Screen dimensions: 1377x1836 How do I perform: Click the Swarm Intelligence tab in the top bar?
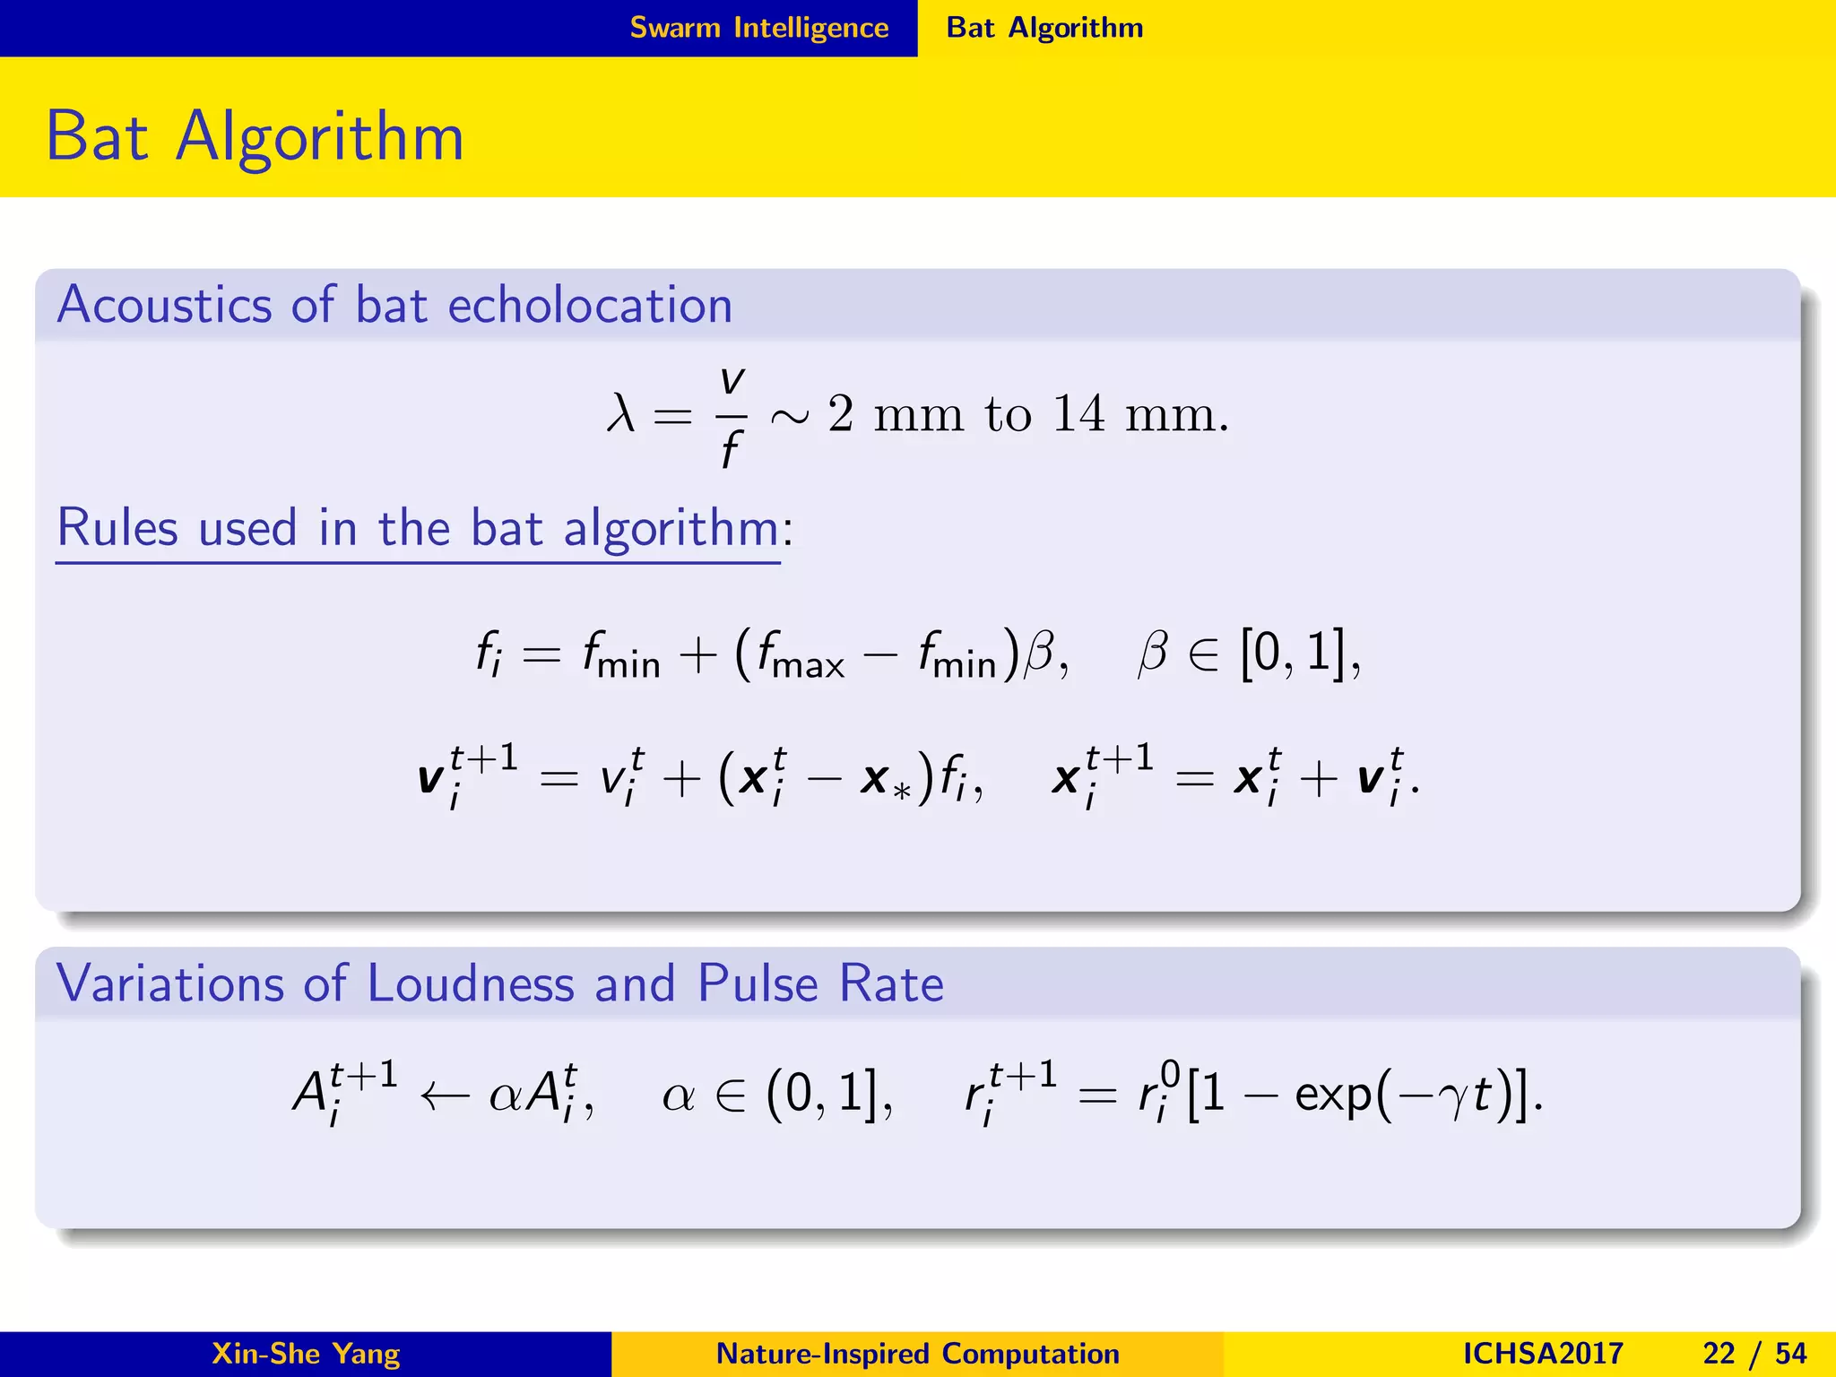[x=758, y=28]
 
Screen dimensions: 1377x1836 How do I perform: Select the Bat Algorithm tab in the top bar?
[x=1044, y=28]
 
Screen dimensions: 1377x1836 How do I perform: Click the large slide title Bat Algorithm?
[x=255, y=136]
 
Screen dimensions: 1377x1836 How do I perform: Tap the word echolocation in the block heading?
[x=590, y=305]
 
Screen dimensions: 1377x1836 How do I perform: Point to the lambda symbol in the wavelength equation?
[x=620, y=414]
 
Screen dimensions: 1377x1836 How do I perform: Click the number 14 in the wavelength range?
[x=1079, y=414]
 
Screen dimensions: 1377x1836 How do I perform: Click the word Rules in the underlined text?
[x=117, y=527]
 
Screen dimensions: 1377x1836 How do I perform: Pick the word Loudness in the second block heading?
[x=471, y=983]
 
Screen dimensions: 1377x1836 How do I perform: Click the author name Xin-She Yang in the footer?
[x=306, y=1354]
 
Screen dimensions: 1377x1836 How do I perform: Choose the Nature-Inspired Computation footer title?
[x=918, y=1354]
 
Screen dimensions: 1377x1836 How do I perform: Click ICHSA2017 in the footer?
[x=1543, y=1354]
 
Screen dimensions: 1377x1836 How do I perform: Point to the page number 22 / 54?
[x=1754, y=1354]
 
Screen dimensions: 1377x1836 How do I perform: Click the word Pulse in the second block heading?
[x=758, y=983]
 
